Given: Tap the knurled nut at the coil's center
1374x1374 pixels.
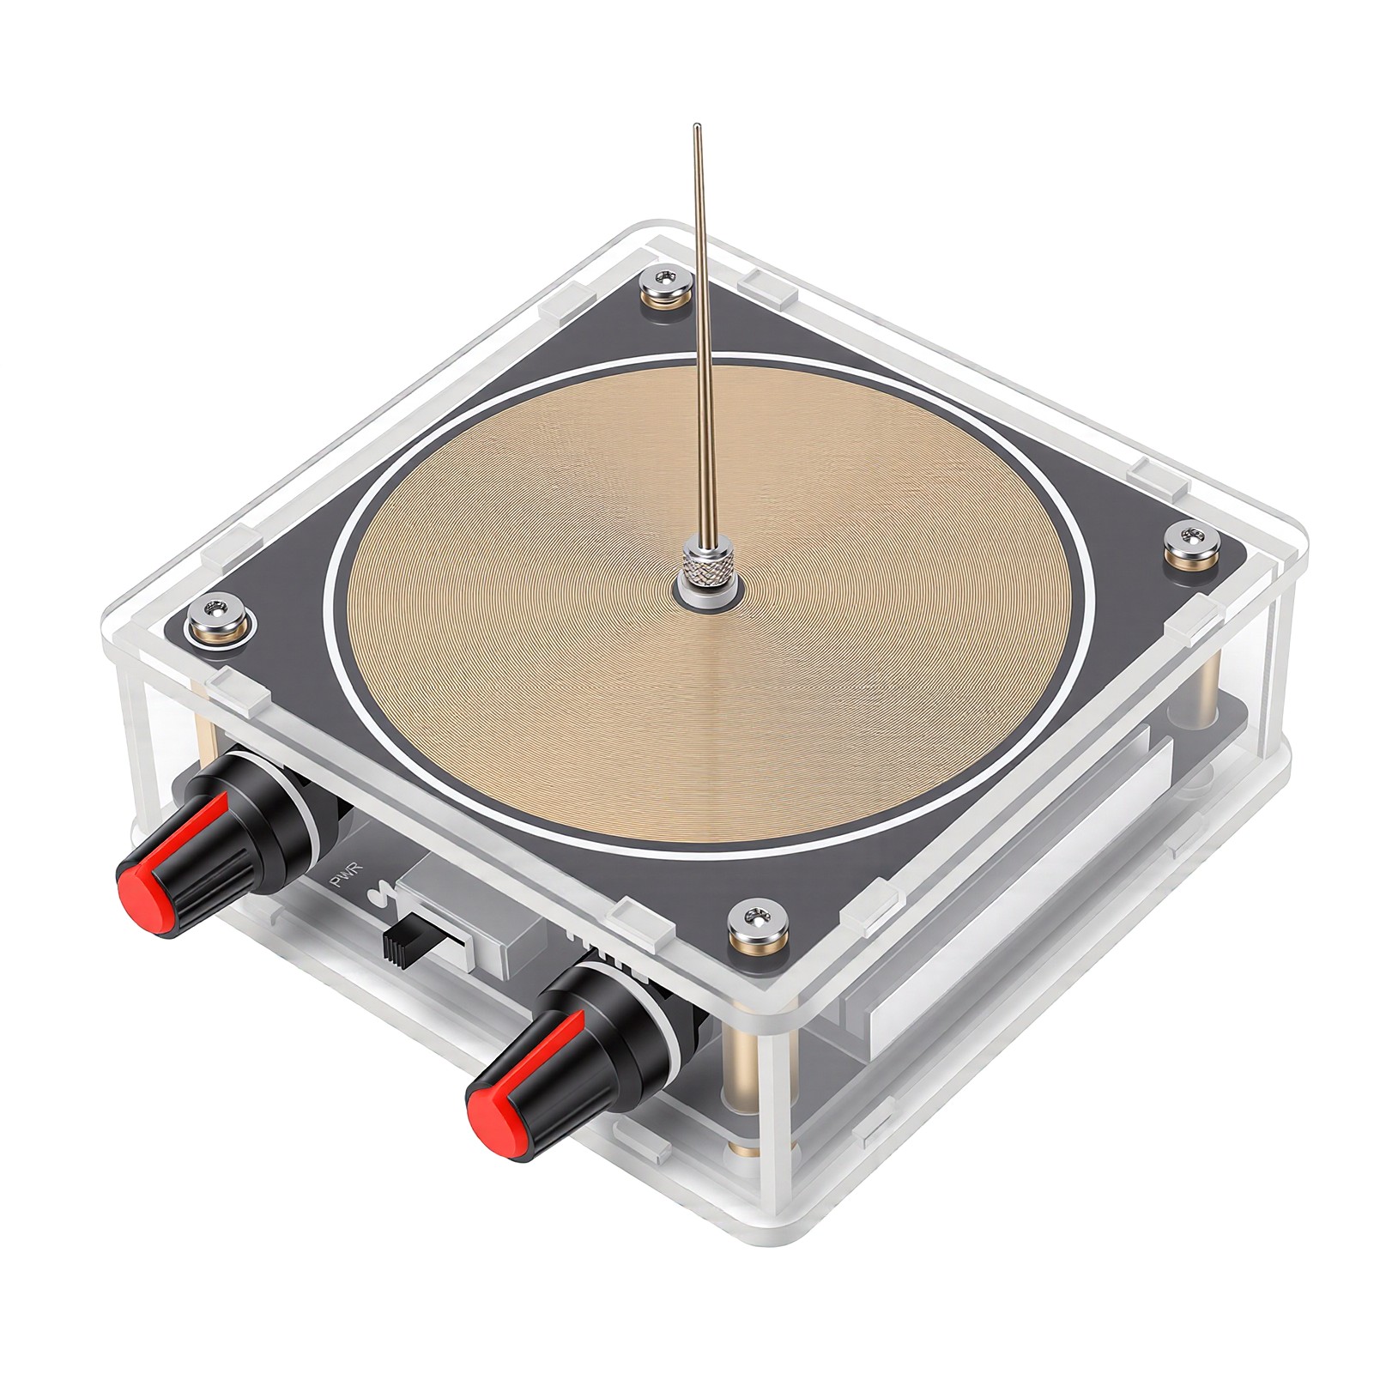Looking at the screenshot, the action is point(709,573).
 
